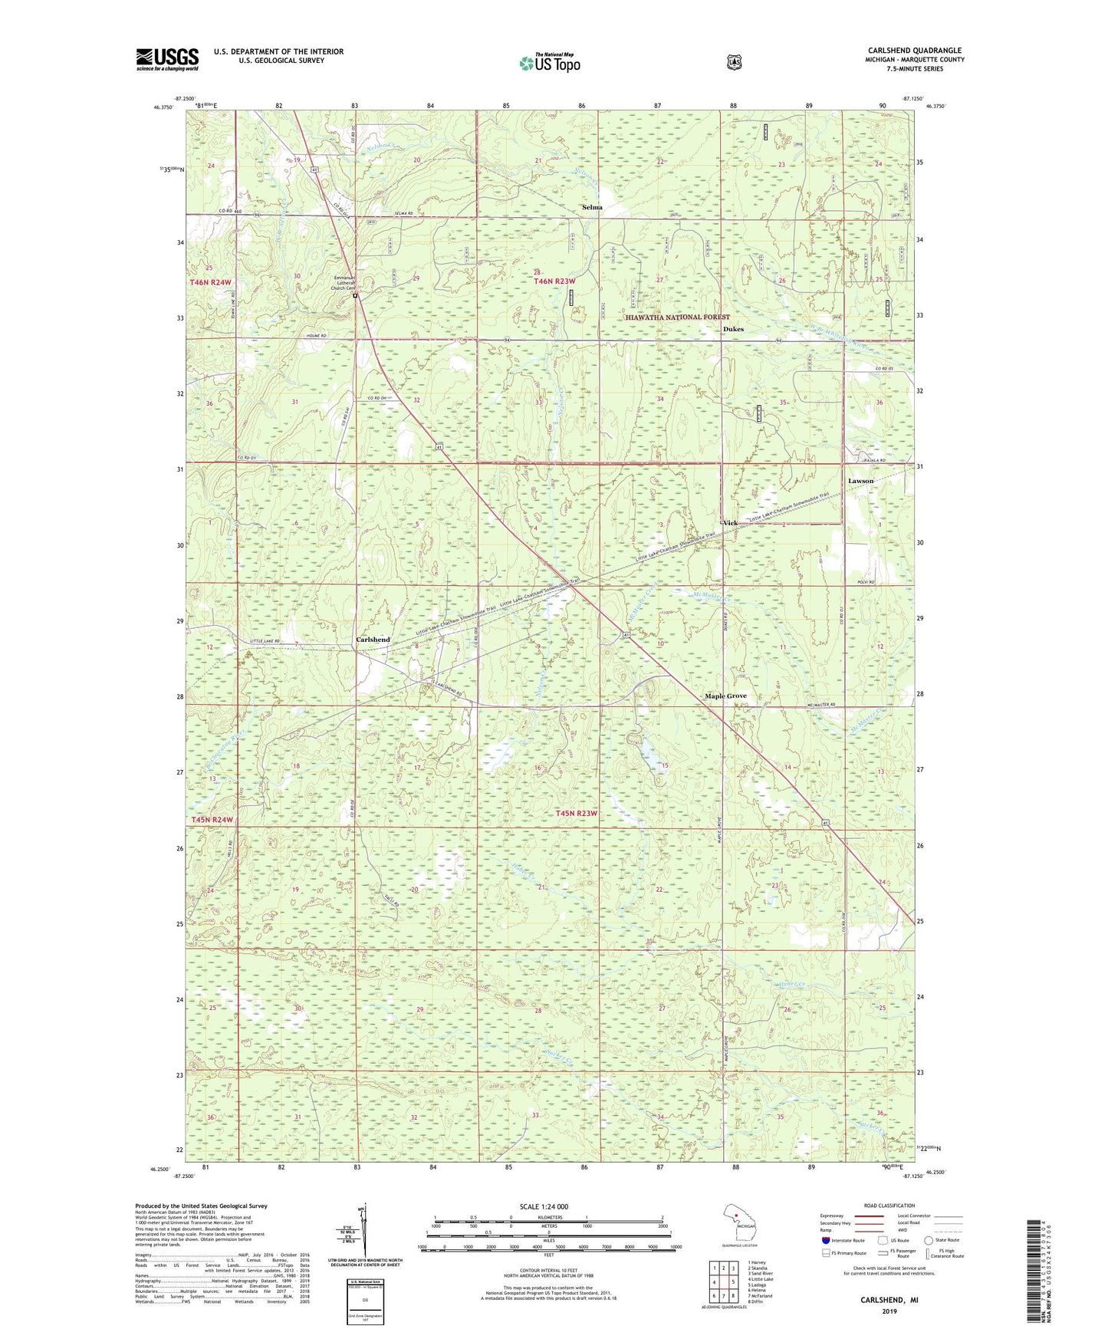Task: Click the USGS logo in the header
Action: tap(167, 59)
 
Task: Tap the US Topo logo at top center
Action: tap(549, 63)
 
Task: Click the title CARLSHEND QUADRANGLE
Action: tap(914, 51)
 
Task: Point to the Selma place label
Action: tap(592, 207)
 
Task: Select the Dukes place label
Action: tap(733, 329)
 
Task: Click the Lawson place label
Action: tap(860, 481)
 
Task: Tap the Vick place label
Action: tap(730, 523)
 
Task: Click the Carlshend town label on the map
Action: tap(373, 640)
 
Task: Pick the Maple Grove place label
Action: tap(725, 696)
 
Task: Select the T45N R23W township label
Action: tap(576, 813)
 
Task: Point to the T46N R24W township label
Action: tap(211, 283)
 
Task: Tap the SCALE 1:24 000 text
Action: tap(544, 1206)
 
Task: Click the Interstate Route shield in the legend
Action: tap(825, 1240)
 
